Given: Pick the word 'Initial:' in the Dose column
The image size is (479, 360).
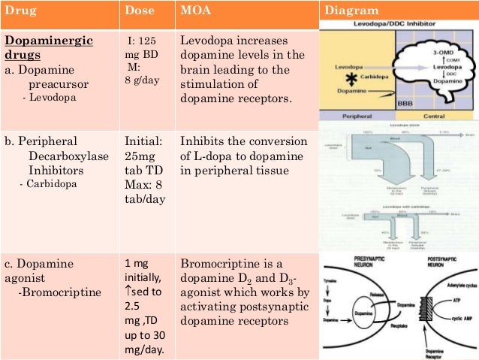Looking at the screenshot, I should pyautogui.click(x=145, y=141).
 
